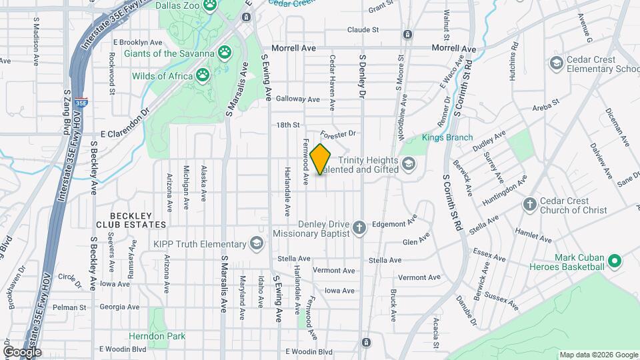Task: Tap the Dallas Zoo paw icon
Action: [x=211, y=5]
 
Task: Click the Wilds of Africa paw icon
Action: [x=202, y=75]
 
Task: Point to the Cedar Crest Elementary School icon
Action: [x=556, y=63]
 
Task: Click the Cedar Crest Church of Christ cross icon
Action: [x=530, y=205]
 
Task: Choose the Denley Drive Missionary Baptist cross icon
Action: [x=359, y=229]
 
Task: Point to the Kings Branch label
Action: [x=447, y=138]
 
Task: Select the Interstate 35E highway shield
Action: [x=81, y=103]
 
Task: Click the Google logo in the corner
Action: [x=21, y=352]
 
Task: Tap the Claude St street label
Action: [x=363, y=30]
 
